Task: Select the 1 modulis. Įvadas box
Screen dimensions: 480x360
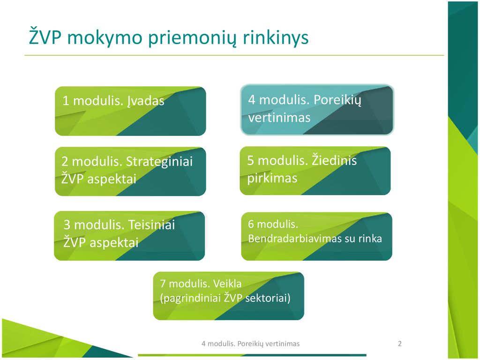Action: (x=130, y=111)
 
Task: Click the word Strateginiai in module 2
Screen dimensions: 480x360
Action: (x=159, y=162)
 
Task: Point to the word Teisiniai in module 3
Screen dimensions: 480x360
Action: (x=151, y=225)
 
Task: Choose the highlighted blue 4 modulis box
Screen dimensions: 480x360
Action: (x=317, y=110)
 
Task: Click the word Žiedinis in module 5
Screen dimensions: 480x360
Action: (x=334, y=160)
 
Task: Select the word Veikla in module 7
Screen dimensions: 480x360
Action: (x=227, y=284)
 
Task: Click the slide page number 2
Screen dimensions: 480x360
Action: (x=400, y=344)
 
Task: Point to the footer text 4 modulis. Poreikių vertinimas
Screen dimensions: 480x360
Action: (x=250, y=344)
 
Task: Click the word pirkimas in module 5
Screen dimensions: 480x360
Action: (x=272, y=178)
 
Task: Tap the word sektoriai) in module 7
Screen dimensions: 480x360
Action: (x=268, y=298)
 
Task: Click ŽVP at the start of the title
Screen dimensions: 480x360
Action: (x=45, y=37)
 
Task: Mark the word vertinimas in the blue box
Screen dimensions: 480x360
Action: (x=279, y=118)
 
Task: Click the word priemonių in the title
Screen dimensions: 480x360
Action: (x=192, y=38)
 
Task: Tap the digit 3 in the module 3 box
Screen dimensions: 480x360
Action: (x=67, y=225)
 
